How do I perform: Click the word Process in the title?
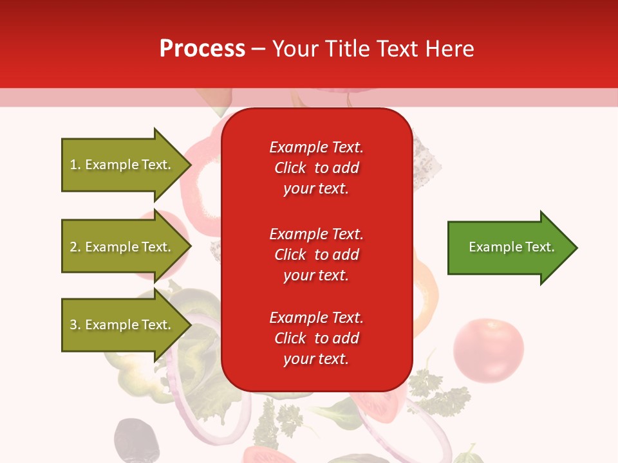[x=202, y=49]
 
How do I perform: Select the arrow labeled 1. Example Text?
[x=122, y=165]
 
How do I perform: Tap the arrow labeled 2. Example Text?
[x=122, y=247]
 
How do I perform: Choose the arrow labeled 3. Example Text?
[x=122, y=325]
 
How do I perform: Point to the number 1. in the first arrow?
[x=75, y=165]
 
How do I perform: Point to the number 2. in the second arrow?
[x=75, y=247]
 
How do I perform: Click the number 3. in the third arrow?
[x=75, y=325]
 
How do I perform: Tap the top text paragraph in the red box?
[x=316, y=168]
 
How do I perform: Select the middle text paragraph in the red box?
[x=316, y=255]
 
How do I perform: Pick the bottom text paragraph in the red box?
[x=316, y=338]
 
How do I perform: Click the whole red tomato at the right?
[x=488, y=350]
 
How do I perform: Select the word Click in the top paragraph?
[x=290, y=168]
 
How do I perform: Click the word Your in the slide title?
[x=295, y=49]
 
